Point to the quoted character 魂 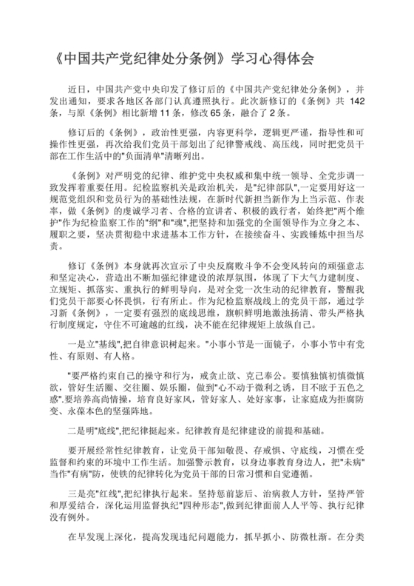click(185, 229)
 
